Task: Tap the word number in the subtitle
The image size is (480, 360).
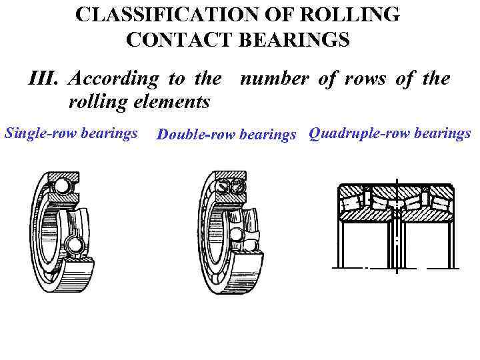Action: tap(274, 79)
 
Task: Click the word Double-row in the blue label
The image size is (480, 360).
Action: tap(192, 135)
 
